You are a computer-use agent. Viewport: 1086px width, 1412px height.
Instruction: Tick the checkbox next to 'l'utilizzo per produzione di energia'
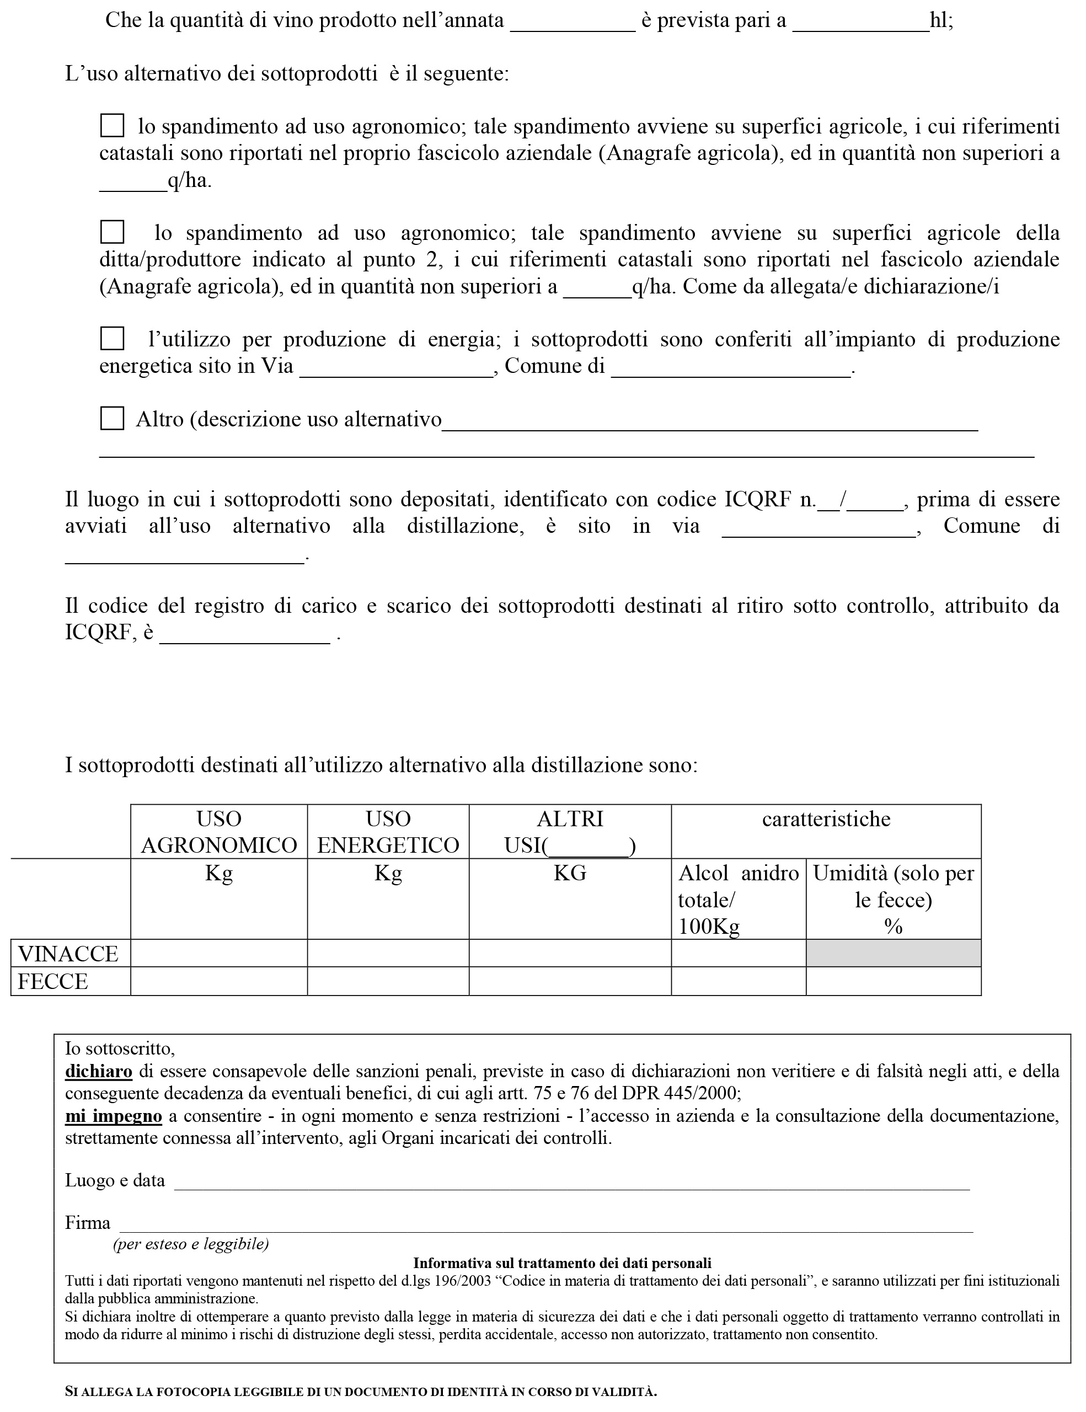(x=112, y=338)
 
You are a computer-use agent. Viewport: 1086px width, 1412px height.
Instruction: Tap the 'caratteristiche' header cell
(x=826, y=819)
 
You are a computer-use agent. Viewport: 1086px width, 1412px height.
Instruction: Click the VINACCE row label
(x=68, y=954)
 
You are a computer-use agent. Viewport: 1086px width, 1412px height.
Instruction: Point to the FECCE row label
(x=53, y=981)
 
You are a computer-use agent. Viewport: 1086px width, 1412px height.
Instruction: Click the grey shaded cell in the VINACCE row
(x=893, y=954)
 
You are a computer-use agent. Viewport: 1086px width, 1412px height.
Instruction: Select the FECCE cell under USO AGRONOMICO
(x=218, y=981)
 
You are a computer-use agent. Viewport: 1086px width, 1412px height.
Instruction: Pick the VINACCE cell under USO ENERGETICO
(x=388, y=954)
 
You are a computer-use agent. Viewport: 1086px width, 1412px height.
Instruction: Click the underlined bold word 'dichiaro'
(x=98, y=1071)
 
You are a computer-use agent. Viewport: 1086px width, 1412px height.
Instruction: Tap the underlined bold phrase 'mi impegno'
(x=113, y=1116)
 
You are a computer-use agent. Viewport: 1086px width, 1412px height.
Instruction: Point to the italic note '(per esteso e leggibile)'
(x=191, y=1243)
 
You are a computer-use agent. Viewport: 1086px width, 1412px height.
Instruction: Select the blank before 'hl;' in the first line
(x=860, y=23)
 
